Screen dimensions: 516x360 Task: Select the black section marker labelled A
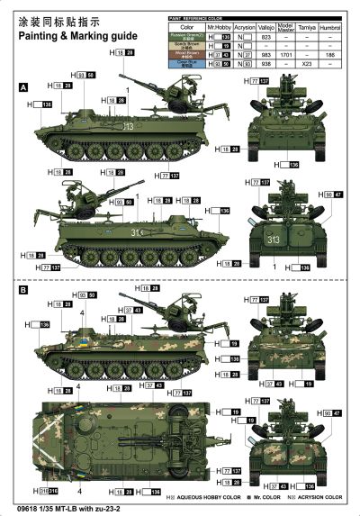click(x=22, y=86)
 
